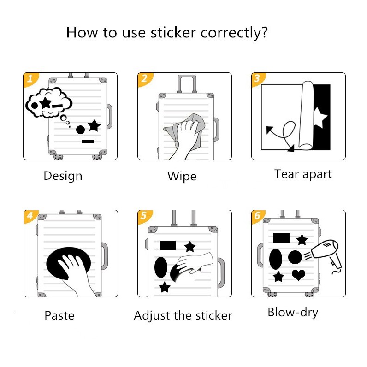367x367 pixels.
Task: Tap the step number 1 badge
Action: click(30, 78)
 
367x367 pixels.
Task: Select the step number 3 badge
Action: click(257, 78)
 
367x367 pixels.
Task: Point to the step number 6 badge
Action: click(257, 216)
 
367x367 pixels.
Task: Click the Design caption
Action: click(63, 176)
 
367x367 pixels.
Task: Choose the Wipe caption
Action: click(182, 176)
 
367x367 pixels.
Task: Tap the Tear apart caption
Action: click(303, 174)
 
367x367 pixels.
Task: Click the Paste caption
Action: click(59, 315)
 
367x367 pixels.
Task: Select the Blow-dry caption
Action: click(293, 312)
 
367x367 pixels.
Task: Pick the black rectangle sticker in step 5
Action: click(167, 245)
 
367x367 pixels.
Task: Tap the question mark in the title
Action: click(263, 33)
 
